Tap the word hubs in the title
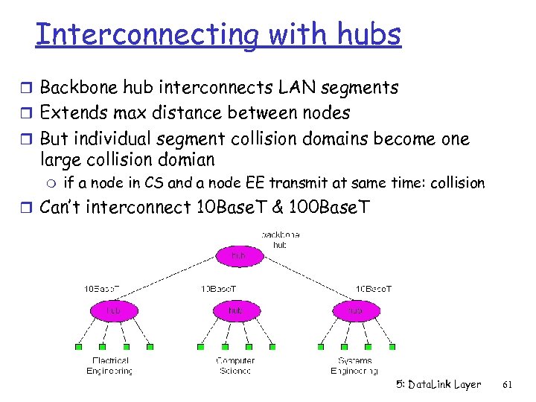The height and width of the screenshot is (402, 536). [368, 34]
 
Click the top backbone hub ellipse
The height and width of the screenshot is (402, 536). [238, 256]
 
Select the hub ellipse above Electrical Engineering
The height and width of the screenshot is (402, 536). [114, 310]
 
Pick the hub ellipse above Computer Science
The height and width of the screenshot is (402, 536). [235, 310]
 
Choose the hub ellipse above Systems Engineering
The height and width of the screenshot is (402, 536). [355, 310]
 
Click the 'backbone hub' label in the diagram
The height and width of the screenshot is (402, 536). [280, 239]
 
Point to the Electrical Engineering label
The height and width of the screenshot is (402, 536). [109, 365]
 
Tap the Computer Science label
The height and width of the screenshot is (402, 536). [235, 365]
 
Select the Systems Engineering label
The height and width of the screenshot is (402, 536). [354, 365]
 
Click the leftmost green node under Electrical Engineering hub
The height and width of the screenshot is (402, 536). [78, 347]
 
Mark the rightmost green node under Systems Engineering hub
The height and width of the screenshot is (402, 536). [391, 347]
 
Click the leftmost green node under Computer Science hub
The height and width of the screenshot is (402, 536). [200, 347]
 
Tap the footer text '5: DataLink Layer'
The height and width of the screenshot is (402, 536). [438, 385]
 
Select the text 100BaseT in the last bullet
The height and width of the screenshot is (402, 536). [323, 208]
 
